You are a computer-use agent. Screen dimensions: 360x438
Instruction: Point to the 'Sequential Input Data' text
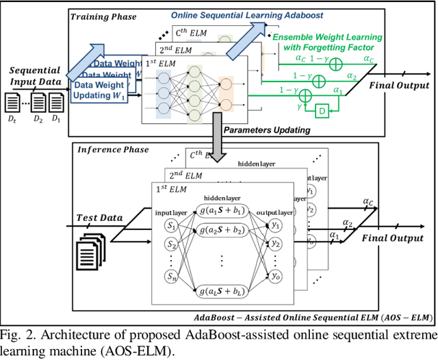pos(35,76)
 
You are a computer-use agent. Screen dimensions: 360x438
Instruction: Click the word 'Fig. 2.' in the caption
pos(16,335)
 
